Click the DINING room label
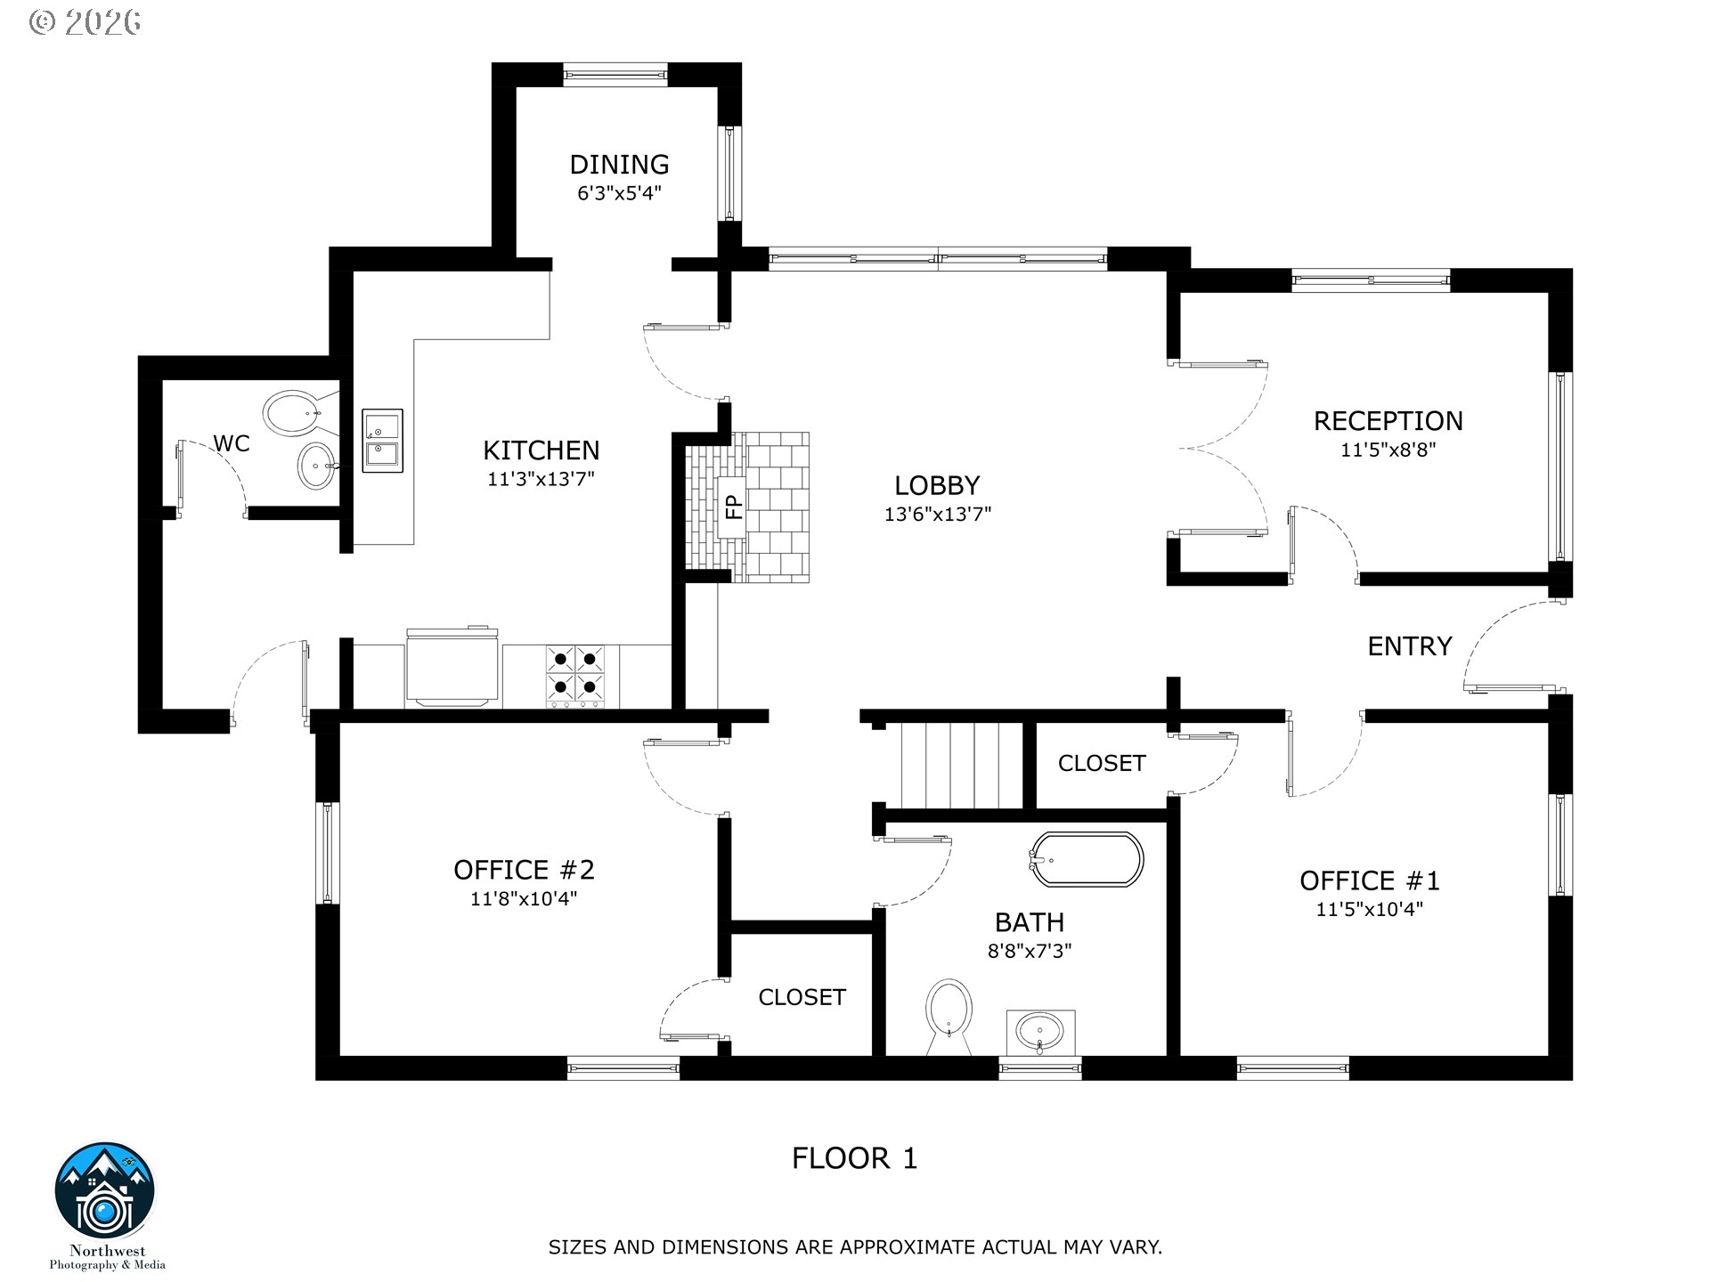coord(619,164)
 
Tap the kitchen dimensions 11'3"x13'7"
coord(541,479)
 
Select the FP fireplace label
coord(733,507)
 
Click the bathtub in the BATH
coord(1087,859)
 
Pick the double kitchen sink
coord(383,441)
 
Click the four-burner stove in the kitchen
coord(575,675)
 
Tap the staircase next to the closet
coord(961,766)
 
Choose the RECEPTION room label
coord(1388,421)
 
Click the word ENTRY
coord(1410,646)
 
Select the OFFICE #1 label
coord(1370,880)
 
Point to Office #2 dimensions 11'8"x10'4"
coord(524,899)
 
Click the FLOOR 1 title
coord(855,1158)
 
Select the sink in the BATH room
coord(1040,1033)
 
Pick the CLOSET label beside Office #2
coord(802,997)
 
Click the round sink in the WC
coord(317,466)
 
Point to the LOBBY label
coord(937,485)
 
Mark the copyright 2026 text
coord(85,22)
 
